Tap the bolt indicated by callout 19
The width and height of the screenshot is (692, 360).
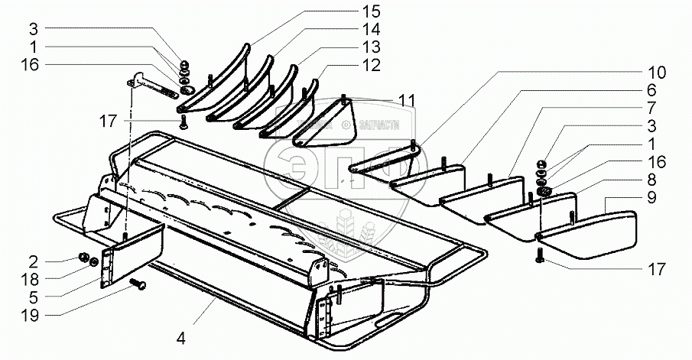pyautogui.click(x=139, y=285)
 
